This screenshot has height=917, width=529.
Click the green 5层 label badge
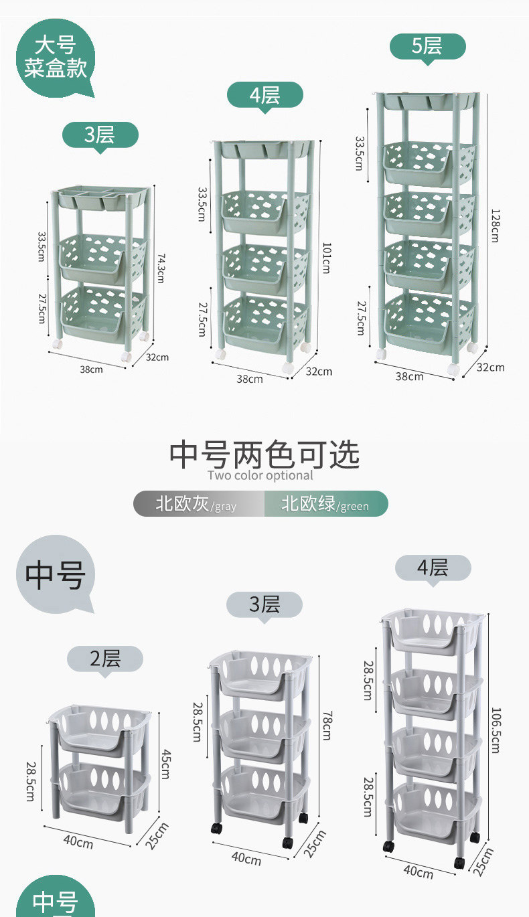point(427,46)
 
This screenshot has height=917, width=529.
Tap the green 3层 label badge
point(100,135)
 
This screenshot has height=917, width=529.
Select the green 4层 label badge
point(264,95)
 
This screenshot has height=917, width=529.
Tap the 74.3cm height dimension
point(159,268)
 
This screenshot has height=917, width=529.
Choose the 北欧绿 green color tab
point(326,503)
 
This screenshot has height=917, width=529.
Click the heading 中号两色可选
point(264,454)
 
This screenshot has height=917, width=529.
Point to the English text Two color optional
point(260,476)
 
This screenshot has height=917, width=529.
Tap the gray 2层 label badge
point(105,659)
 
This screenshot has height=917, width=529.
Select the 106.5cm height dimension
point(495,730)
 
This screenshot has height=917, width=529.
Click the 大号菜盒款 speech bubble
point(56,58)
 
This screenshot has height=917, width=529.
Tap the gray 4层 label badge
point(433,568)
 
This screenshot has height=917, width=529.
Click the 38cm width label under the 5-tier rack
point(409,376)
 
